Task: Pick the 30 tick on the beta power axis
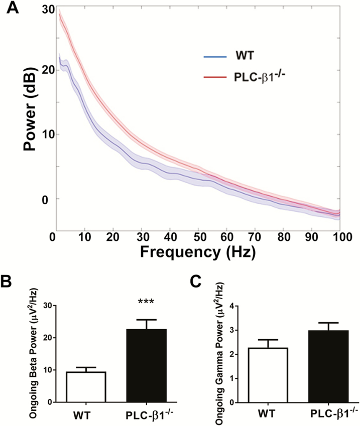coord(47,306)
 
